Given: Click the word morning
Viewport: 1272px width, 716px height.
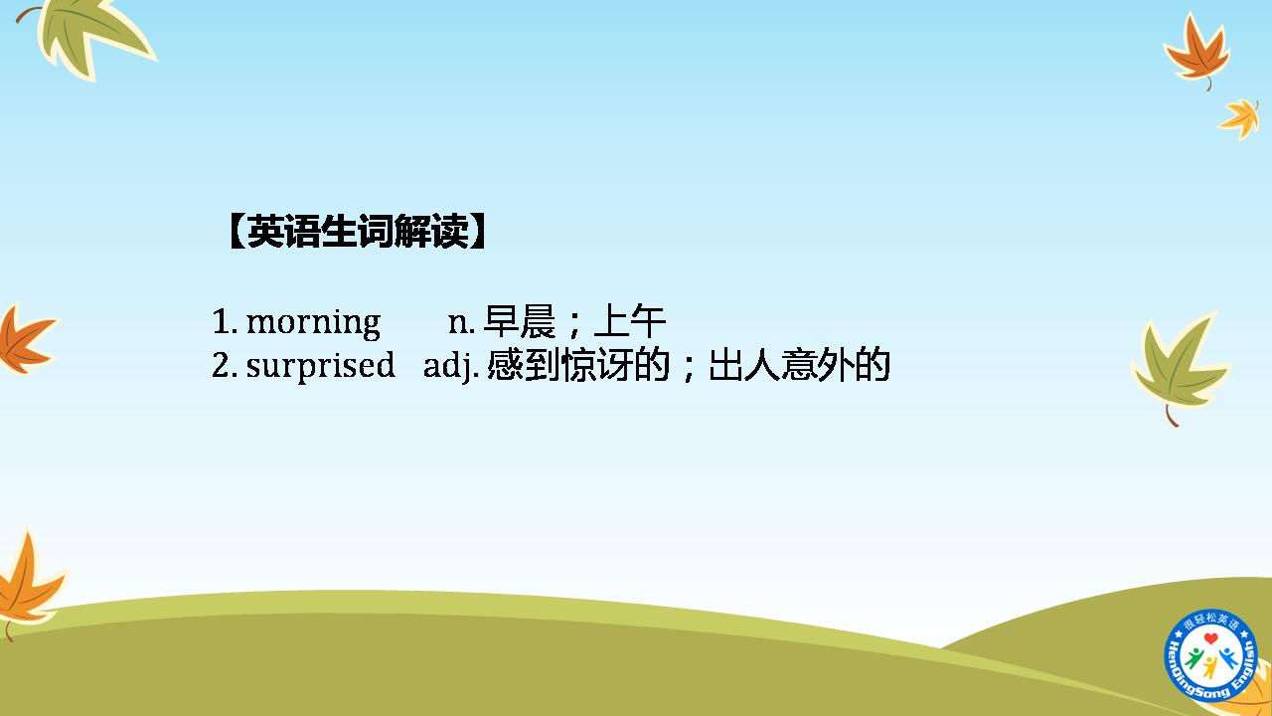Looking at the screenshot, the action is point(313,323).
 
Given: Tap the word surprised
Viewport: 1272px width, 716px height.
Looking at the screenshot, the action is point(320,365).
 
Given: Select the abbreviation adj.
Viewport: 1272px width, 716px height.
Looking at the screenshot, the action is point(451,365).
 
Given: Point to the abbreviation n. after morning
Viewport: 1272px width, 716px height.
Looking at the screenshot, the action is point(461,323).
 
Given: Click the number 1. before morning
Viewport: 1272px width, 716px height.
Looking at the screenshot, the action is point(225,321).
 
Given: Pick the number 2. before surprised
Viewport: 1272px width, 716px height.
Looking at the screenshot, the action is point(225,365).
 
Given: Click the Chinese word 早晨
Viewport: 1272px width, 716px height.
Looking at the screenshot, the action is point(519,321).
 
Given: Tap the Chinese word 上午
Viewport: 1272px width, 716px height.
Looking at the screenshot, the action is point(629,321).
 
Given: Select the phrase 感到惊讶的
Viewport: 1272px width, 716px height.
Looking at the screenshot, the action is point(577,365).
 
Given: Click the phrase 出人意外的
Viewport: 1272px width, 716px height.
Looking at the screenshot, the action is point(799,365).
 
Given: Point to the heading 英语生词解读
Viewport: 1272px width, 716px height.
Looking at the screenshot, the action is point(359,232).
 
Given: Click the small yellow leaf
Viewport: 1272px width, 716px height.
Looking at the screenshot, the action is point(1240,118).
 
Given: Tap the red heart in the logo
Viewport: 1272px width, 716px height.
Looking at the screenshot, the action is point(1211,638).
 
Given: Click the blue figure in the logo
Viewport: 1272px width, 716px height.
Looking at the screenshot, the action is point(1226,657).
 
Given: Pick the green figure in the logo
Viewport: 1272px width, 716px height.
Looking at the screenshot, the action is point(1194,657).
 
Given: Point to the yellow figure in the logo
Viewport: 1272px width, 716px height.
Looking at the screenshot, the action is point(1210,667).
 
